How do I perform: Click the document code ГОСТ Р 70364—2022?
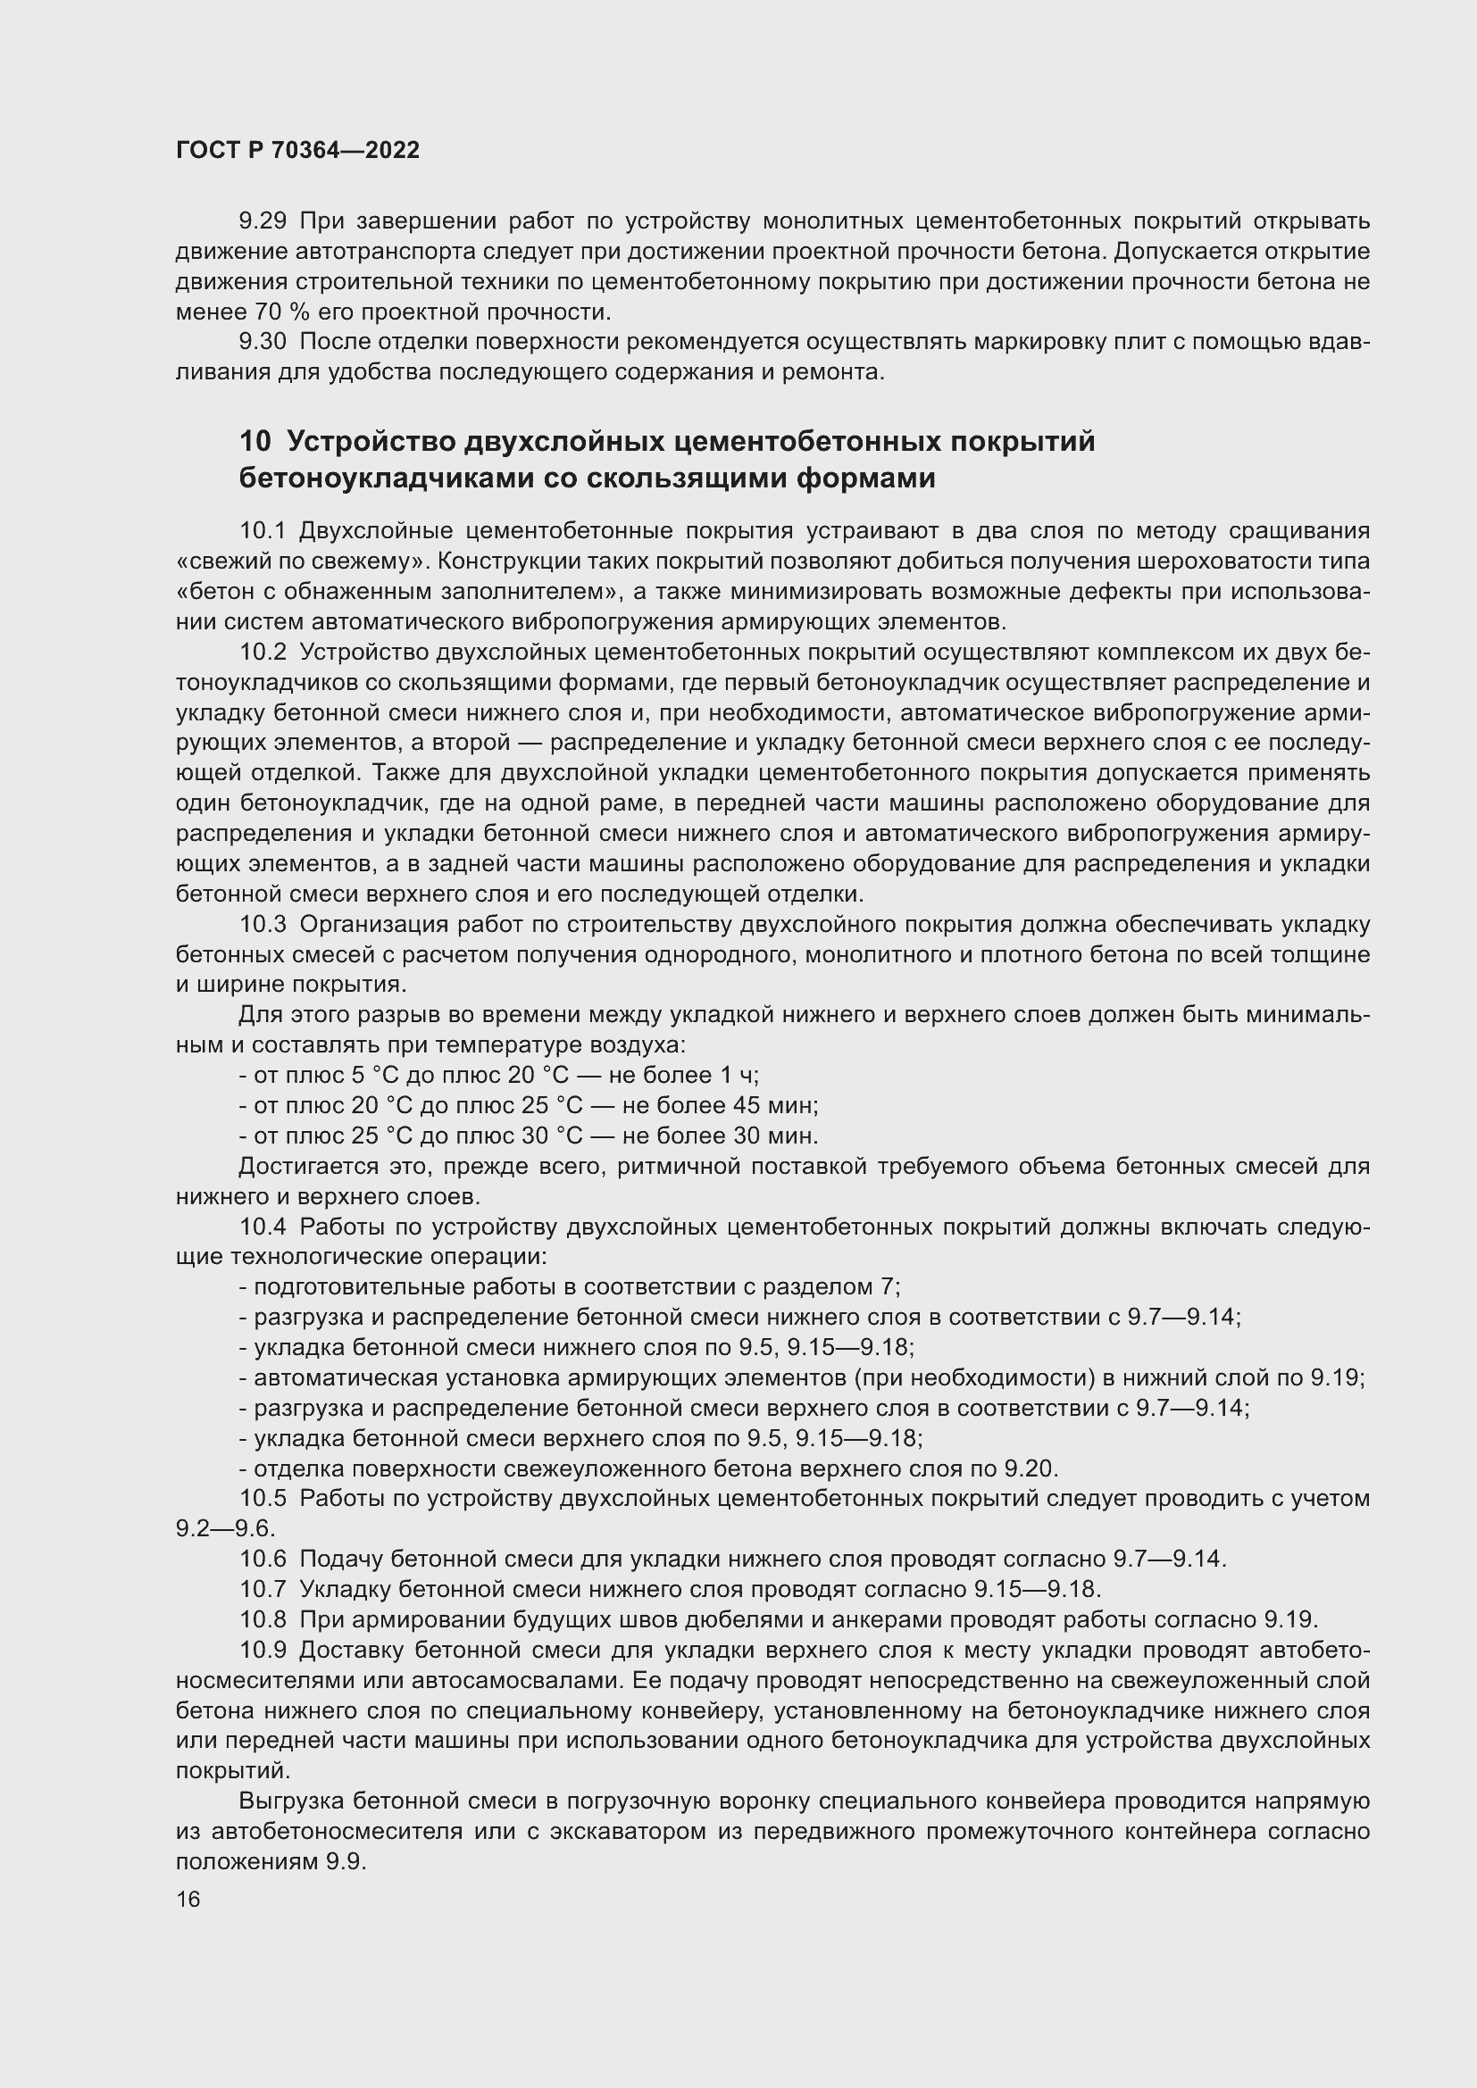pyautogui.click(x=297, y=151)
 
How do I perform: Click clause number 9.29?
pyautogui.click(x=263, y=221)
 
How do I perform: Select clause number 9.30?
pyautogui.click(x=263, y=342)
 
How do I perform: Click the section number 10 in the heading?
pyautogui.click(x=255, y=442)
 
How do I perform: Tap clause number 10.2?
pyautogui.click(x=263, y=652)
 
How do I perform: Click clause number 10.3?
pyautogui.click(x=263, y=925)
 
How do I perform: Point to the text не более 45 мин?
pyautogui.click(x=721, y=1106)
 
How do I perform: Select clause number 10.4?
pyautogui.click(x=263, y=1227)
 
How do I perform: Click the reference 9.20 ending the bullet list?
pyautogui.click(x=1031, y=1468)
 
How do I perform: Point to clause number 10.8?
pyautogui.click(x=263, y=1619)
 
